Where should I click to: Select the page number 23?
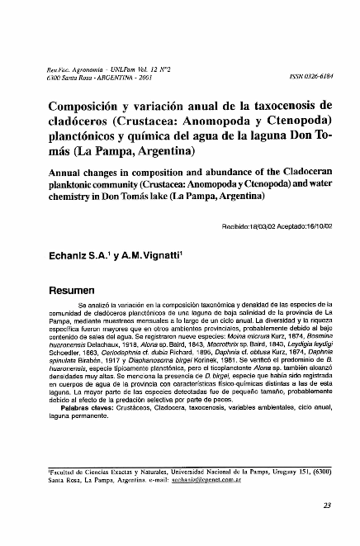click(326, 507)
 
